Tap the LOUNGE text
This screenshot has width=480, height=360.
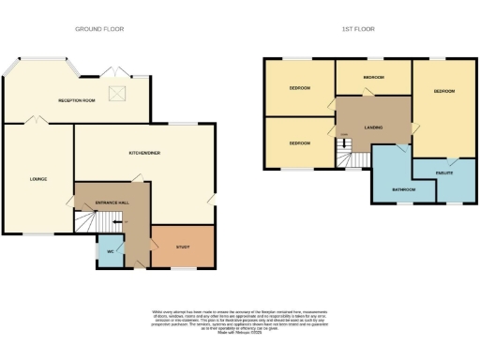click(37, 178)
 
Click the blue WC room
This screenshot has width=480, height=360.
click(110, 251)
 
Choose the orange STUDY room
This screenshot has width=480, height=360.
click(183, 247)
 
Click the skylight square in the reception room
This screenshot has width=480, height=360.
click(119, 92)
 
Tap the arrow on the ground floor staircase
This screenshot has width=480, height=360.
click(92, 222)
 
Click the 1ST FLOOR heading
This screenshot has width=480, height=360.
click(357, 29)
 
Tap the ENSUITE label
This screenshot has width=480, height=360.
click(444, 173)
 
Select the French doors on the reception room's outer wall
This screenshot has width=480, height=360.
click(114, 73)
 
